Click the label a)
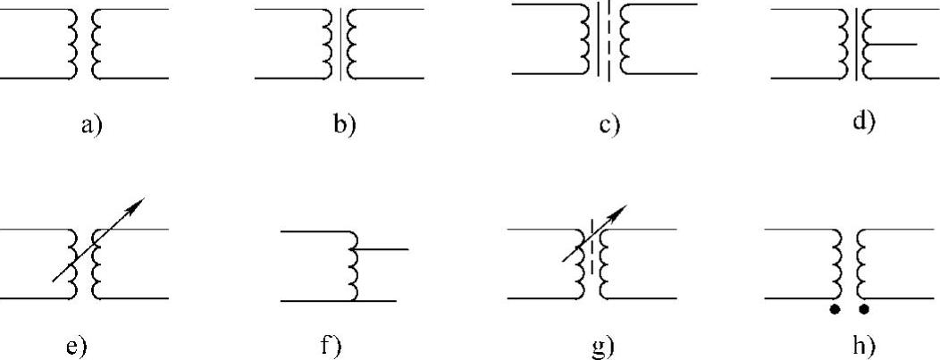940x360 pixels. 93,125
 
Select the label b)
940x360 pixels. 345,125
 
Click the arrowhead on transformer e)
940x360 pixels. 135,206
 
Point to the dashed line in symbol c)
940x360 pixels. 608,43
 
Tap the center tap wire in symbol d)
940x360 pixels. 894,44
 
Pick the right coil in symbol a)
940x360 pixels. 98,44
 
